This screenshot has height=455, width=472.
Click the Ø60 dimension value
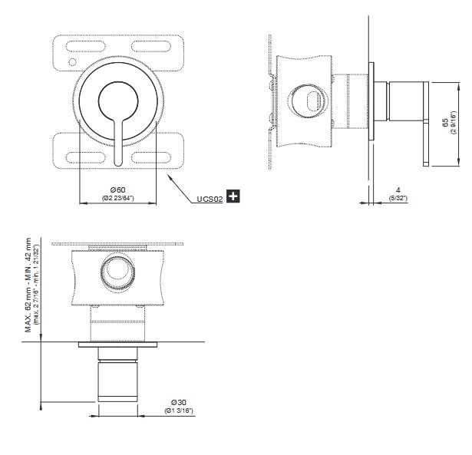tap(117, 190)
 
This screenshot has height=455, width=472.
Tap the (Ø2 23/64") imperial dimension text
tap(117, 198)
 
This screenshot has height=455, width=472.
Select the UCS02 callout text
tap(210, 199)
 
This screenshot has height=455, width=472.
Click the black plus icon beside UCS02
tap(233, 196)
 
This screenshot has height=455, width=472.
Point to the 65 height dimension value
tap(445, 123)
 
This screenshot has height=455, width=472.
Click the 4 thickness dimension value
tap(398, 190)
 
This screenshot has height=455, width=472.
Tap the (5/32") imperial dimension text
tap(398, 198)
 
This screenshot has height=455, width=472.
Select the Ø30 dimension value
tap(179, 402)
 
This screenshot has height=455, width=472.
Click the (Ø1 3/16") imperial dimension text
tap(179, 410)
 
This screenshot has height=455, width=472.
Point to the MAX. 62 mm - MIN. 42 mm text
tap(28, 285)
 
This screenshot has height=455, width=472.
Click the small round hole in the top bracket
tap(73, 62)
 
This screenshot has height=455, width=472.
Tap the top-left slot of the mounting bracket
tap(85, 46)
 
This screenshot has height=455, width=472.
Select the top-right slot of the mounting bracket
tap(151, 46)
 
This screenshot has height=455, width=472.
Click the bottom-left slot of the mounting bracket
tap(85, 158)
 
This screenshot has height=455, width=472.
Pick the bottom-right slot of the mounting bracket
tap(151, 158)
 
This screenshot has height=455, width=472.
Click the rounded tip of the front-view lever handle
tap(118, 164)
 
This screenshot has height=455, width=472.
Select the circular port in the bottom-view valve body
tap(117, 272)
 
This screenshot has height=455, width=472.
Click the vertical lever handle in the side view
tap(426, 124)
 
